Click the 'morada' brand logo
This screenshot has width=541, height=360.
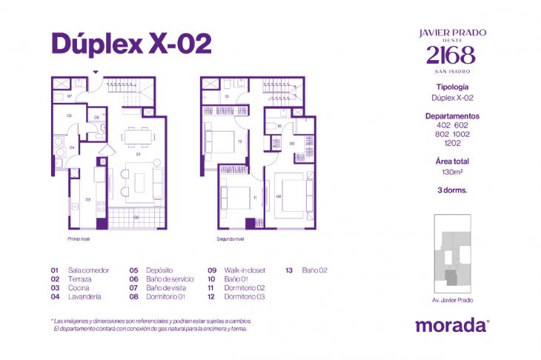pyautogui.click(x=451, y=324)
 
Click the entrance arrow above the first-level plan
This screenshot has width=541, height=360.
pyautogui.click(x=94, y=72)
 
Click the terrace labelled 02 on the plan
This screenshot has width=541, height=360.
pyautogui.click(x=136, y=217)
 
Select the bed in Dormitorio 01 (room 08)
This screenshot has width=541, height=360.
pyautogui.click(x=291, y=192)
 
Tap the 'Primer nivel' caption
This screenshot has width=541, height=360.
pyautogui.click(x=78, y=239)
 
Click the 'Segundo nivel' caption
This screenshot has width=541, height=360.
pyautogui.click(x=230, y=239)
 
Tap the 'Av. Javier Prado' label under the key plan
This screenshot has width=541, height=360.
pyautogui.click(x=451, y=300)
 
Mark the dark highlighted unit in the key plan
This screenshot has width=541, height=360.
pyautogui.click(x=450, y=277)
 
